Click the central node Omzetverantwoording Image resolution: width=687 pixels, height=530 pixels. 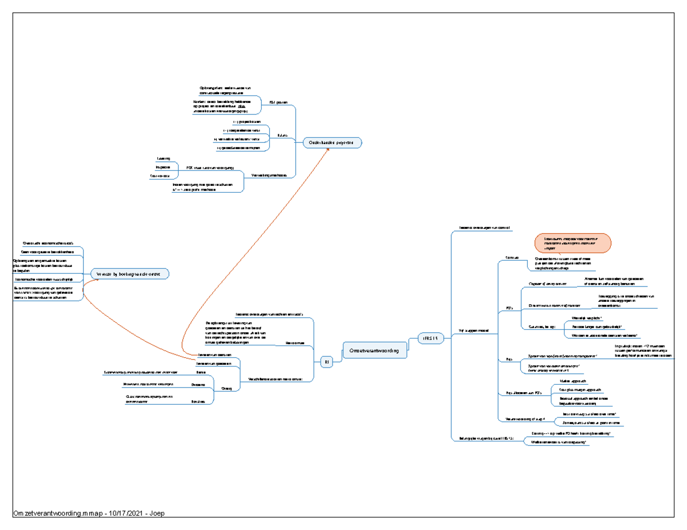tap(376, 349)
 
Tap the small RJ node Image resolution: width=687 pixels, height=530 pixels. tap(326, 362)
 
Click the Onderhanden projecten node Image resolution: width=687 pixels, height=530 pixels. tap(332, 142)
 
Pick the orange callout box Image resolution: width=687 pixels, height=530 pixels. tap(573, 243)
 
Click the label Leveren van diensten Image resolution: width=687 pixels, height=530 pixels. tap(214, 355)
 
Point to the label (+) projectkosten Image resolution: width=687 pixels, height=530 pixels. tap(246, 122)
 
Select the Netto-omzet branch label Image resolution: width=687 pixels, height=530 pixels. tap(294, 343)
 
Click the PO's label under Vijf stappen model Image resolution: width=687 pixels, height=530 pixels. tap(509, 309)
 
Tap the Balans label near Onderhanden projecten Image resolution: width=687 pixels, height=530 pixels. tap(282, 136)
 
